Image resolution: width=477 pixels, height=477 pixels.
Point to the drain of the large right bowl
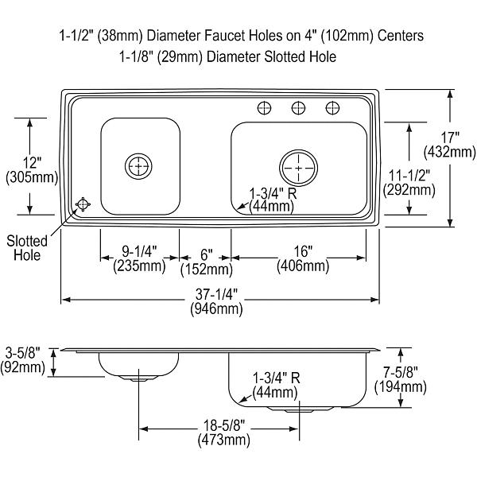(297, 167)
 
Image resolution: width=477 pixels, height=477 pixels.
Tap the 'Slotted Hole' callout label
(26, 248)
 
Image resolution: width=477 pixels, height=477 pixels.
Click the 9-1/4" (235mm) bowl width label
(139, 259)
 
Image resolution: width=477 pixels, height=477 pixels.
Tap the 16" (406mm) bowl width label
(303, 259)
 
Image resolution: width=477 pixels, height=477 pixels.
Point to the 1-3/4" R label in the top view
(271, 200)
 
